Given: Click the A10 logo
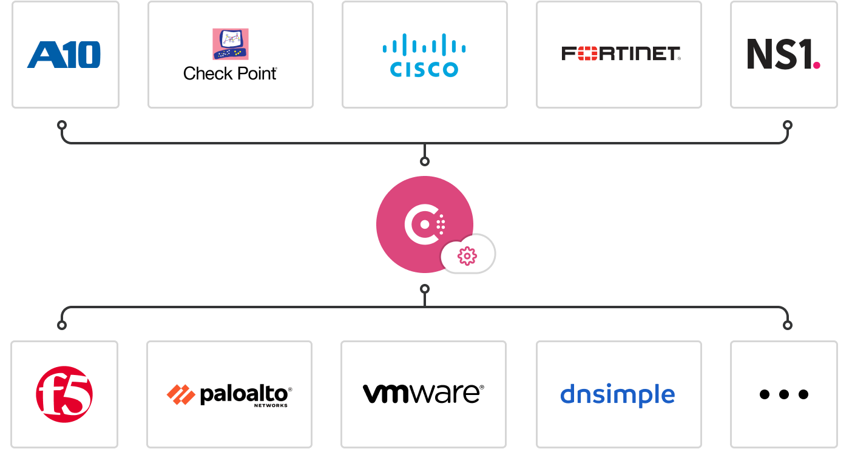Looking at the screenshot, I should [x=64, y=55].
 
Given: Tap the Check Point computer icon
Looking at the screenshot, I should [x=231, y=44].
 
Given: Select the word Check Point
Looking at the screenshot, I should [x=230, y=73].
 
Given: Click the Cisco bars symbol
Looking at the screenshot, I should [x=424, y=46].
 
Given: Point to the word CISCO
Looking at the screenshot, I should [x=424, y=70].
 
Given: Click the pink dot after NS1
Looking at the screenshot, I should [x=817, y=64].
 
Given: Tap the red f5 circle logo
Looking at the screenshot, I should [x=64, y=394].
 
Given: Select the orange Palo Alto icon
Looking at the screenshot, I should [x=181, y=394].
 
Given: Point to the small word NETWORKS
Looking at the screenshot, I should [x=271, y=405].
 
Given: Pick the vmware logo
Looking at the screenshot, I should [x=423, y=394].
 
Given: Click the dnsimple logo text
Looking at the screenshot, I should [x=617, y=394].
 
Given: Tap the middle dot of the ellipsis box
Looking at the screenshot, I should [x=784, y=394].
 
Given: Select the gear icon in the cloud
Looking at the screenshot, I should [x=467, y=257].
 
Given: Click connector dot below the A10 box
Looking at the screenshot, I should [x=62, y=125].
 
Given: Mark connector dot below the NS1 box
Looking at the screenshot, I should [x=788, y=125].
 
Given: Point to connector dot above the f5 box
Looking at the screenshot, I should [x=62, y=325].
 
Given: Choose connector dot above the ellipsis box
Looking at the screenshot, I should [x=788, y=325].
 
